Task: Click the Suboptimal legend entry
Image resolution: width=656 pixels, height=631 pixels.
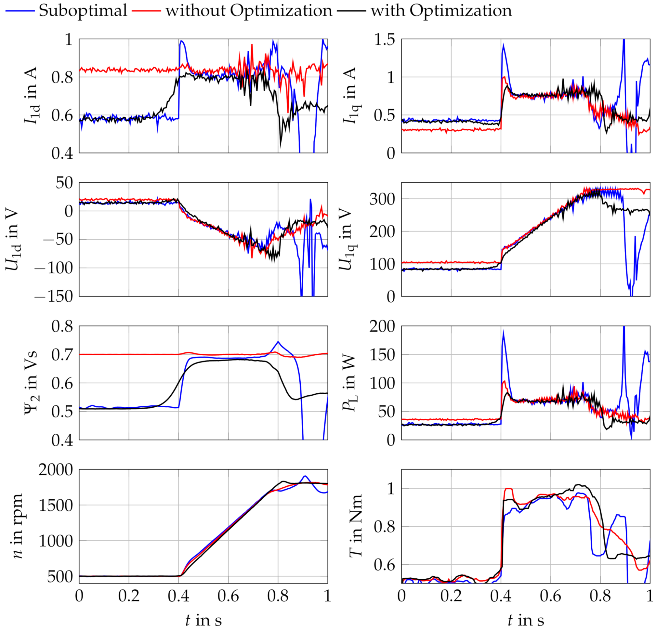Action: (83, 10)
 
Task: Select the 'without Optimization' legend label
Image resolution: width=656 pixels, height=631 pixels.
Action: (249, 10)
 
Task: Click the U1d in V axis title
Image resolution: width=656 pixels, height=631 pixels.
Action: (13, 239)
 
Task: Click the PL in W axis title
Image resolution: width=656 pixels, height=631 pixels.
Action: (350, 383)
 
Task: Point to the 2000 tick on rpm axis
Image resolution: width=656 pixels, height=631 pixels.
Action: (56, 470)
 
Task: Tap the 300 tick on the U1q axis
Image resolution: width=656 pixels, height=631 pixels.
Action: (382, 199)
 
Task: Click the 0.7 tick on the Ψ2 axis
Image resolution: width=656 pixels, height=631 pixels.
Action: (62, 354)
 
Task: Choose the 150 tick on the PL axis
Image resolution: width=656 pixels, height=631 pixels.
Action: (382, 354)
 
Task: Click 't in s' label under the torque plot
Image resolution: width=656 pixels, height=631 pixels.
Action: (525, 620)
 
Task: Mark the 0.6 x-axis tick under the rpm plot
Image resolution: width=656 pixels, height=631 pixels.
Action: (228, 596)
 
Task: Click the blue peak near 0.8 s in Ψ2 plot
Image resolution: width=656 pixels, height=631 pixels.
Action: (278, 341)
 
